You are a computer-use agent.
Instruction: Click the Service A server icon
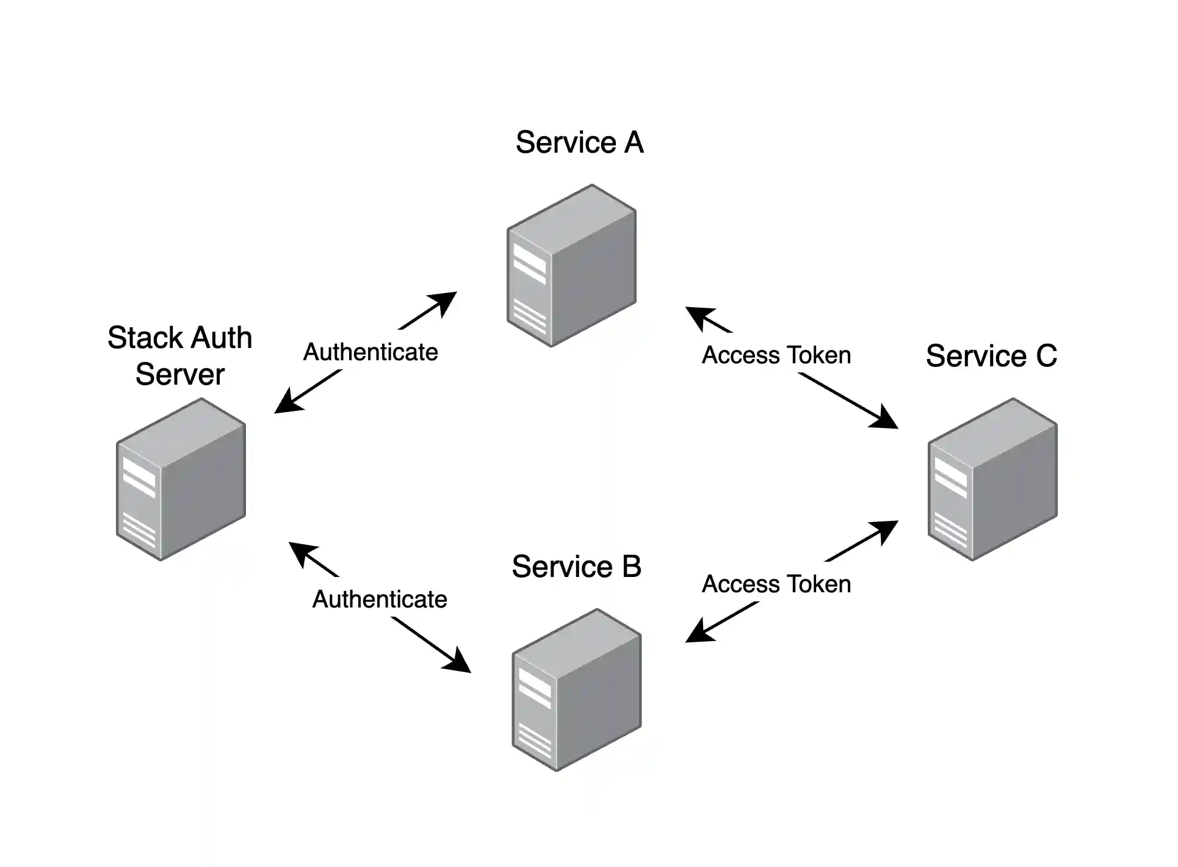pyautogui.click(x=572, y=266)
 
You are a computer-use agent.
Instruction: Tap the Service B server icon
pyautogui.click(x=577, y=690)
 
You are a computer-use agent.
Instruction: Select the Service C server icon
pyautogui.click(x=992, y=479)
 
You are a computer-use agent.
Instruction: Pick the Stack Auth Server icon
pyautogui.click(x=181, y=479)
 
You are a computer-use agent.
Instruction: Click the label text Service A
pyautogui.click(x=579, y=142)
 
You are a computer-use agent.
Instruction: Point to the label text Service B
pyautogui.click(x=576, y=567)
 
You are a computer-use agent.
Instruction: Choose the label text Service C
pyautogui.click(x=991, y=356)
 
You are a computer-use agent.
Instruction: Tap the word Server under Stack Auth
pyautogui.click(x=180, y=374)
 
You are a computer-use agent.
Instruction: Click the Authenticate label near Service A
pyautogui.click(x=370, y=352)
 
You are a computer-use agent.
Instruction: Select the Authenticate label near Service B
pyautogui.click(x=380, y=600)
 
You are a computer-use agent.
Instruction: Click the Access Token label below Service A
pyautogui.click(x=776, y=355)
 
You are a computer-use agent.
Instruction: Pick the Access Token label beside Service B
pyautogui.click(x=776, y=584)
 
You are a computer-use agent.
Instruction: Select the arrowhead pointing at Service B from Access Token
pyautogui.click(x=696, y=634)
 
